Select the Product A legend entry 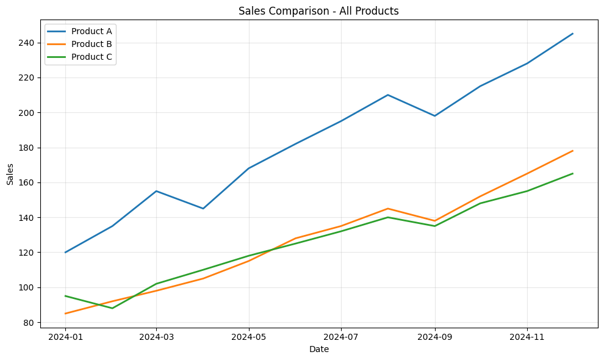click(x=92, y=31)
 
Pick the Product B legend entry click(x=92, y=44)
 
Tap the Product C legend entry click(x=92, y=57)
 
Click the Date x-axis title click(x=319, y=349)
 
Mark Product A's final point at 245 click(x=573, y=34)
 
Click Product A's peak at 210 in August click(x=388, y=95)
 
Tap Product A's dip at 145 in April click(x=203, y=209)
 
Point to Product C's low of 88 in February click(x=112, y=308)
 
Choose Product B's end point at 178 click(x=573, y=151)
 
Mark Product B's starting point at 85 click(x=65, y=314)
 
